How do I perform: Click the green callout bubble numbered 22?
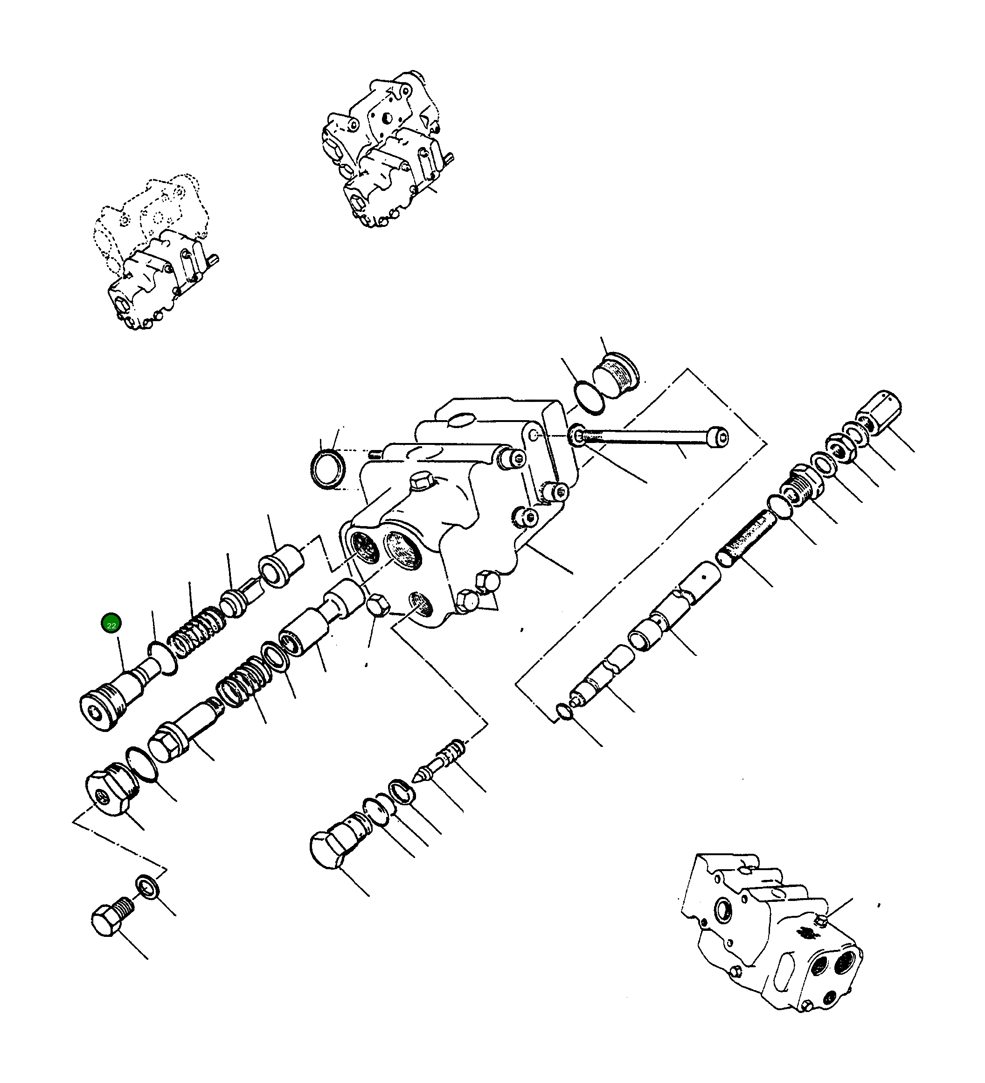[111, 623]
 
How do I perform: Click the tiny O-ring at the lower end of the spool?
[564, 712]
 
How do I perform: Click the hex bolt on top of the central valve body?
[420, 480]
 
